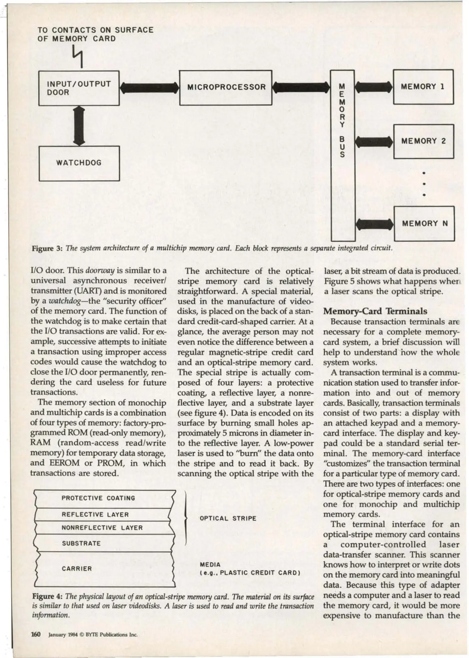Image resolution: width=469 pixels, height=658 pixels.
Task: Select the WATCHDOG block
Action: [x=79, y=163]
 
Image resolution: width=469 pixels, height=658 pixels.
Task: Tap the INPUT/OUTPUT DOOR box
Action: [x=79, y=88]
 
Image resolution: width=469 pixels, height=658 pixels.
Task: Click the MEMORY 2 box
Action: [x=423, y=141]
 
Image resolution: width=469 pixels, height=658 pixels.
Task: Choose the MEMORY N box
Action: [x=424, y=223]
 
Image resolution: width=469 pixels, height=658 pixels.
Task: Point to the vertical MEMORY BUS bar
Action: [x=343, y=155]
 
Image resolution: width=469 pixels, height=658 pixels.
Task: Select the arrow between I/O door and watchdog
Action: [x=79, y=126]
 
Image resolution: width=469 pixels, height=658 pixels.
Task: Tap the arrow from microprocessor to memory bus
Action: [x=301, y=88]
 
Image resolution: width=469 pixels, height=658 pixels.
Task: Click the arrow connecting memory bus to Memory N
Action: [x=374, y=224]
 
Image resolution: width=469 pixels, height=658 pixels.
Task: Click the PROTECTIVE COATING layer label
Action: [x=98, y=498]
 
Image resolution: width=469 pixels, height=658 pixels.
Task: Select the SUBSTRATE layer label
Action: [x=81, y=543]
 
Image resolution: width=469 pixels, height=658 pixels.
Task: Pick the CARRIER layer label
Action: [x=77, y=568]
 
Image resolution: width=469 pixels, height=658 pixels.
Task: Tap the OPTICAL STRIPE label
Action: [x=228, y=518]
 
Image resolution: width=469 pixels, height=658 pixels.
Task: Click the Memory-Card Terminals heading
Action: [x=375, y=311]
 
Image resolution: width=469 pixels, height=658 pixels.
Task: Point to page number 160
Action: [x=36, y=634]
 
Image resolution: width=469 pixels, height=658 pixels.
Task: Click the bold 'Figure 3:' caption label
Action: [x=47, y=248]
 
